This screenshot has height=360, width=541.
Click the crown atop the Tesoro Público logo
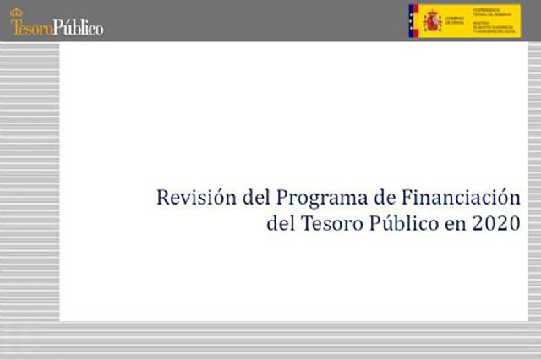[x=17, y=13]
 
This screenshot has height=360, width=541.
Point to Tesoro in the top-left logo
[x=31, y=27]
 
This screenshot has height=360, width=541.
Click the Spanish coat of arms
[x=433, y=20]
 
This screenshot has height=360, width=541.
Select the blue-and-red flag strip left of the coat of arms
[x=413, y=20]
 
